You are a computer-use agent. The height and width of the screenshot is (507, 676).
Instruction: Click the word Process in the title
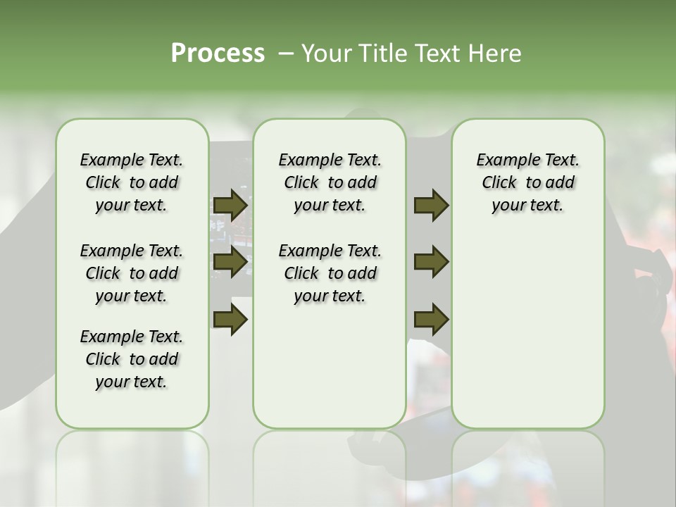tap(218, 54)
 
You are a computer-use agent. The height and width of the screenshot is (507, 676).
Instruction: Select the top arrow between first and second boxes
tap(230, 205)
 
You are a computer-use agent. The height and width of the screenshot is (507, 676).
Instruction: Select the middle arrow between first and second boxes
tap(230, 262)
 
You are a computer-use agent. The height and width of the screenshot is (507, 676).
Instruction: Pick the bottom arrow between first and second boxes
tap(230, 320)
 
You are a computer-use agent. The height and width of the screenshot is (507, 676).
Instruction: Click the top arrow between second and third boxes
tap(432, 205)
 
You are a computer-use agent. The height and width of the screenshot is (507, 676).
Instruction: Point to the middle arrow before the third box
tap(432, 262)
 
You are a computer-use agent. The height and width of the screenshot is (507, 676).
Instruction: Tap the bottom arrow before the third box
tap(432, 320)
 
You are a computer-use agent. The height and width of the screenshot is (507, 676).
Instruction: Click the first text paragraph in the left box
tap(132, 182)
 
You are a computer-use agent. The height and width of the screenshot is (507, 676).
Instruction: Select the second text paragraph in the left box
tap(132, 273)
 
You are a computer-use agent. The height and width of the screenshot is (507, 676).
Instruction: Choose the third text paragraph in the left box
tap(132, 359)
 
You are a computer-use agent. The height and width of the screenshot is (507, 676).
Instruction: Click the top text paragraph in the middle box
tap(330, 182)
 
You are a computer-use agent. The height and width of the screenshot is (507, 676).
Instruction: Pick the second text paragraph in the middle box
tap(330, 273)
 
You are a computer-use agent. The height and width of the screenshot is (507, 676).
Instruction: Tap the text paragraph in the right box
tap(527, 182)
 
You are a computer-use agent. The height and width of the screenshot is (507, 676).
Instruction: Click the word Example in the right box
tap(502, 161)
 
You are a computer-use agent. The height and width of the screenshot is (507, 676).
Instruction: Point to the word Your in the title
tap(326, 54)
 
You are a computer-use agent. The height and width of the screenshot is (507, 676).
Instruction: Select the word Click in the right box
tap(499, 183)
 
